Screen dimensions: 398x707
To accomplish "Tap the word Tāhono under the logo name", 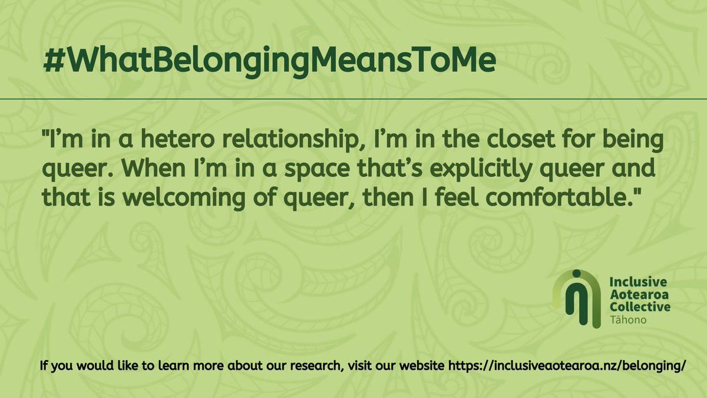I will (x=625, y=320).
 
